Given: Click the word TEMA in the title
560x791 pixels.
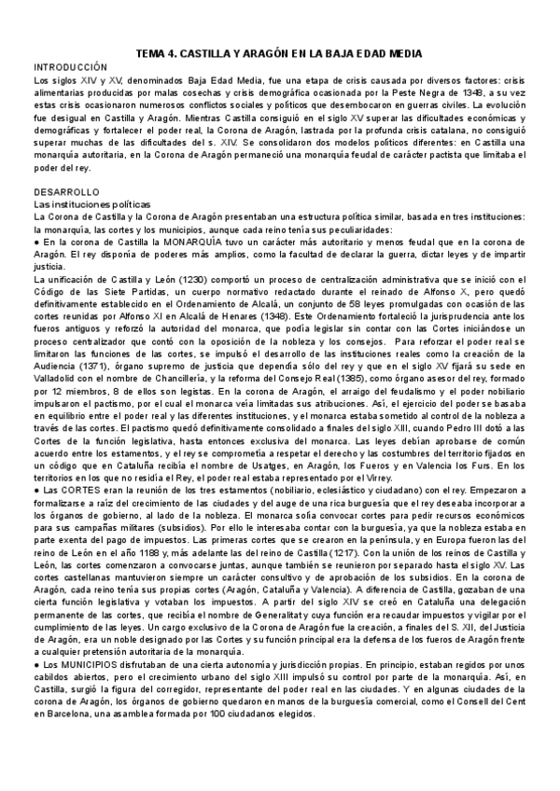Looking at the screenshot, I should coord(151,54).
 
